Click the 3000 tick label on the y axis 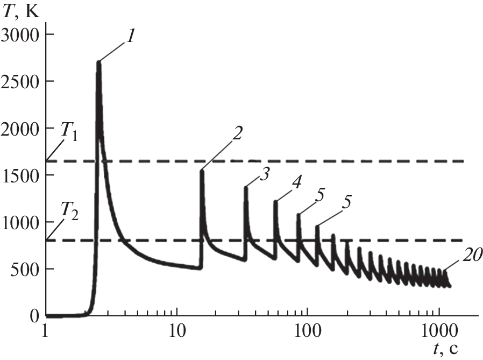pos(20,35)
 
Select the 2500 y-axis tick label pos(20,82)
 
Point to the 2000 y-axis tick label pos(20,129)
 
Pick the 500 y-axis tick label pos(25,270)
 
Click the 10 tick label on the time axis pos(177,331)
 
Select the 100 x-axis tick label pos(308,331)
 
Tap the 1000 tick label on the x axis pos(439,331)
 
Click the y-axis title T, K pos(21,11)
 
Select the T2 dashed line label pos(69,211)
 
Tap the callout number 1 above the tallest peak pos(131,37)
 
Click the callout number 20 pos(471,255)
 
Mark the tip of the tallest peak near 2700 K pos(99,62)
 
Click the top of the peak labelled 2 pos(202,171)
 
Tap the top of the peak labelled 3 pos(246,187)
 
